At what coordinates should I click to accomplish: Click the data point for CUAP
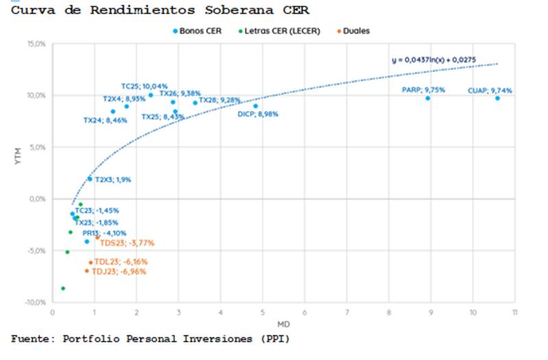[x=497, y=98]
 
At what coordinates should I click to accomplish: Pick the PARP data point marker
[x=428, y=98]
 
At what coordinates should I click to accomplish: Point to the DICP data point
[x=256, y=105]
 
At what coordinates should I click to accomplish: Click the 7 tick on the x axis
[x=347, y=313]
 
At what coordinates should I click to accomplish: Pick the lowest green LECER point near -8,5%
[x=63, y=288]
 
